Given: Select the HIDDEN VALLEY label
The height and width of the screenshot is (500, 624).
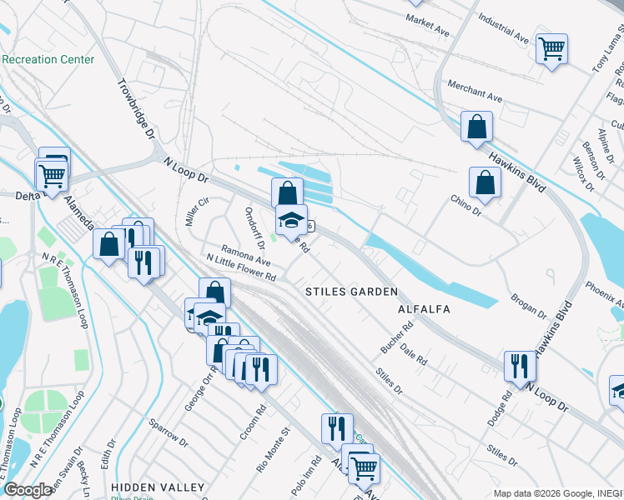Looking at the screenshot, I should [x=158, y=487].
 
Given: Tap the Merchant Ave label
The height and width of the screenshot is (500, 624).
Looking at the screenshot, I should [x=475, y=92].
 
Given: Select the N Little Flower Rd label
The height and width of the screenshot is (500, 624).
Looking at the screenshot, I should [x=240, y=267].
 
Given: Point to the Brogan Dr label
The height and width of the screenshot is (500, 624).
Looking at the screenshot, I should [x=529, y=307].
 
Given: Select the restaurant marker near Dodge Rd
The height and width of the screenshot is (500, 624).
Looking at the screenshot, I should [x=519, y=366].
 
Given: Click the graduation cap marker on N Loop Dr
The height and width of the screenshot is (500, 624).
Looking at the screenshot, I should [x=291, y=220].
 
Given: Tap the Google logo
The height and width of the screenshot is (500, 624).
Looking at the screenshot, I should [x=28, y=490].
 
